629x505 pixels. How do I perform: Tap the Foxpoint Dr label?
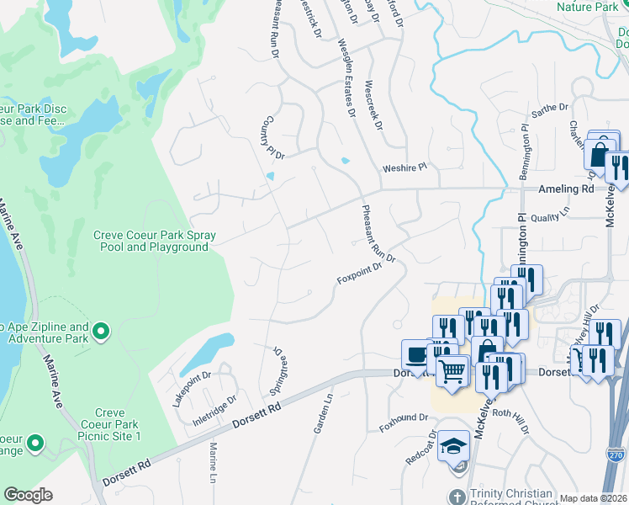click(x=360, y=274)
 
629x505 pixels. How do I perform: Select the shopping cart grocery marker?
click(x=452, y=369)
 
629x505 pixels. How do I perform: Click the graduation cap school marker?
click(x=453, y=445)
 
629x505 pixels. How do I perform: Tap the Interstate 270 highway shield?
click(x=616, y=455)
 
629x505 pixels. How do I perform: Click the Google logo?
click(x=28, y=495)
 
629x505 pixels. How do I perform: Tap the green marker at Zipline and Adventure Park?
click(x=101, y=332)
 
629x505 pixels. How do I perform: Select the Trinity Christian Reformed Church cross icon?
click(x=457, y=496)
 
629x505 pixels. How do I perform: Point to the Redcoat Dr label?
click(x=420, y=450)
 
